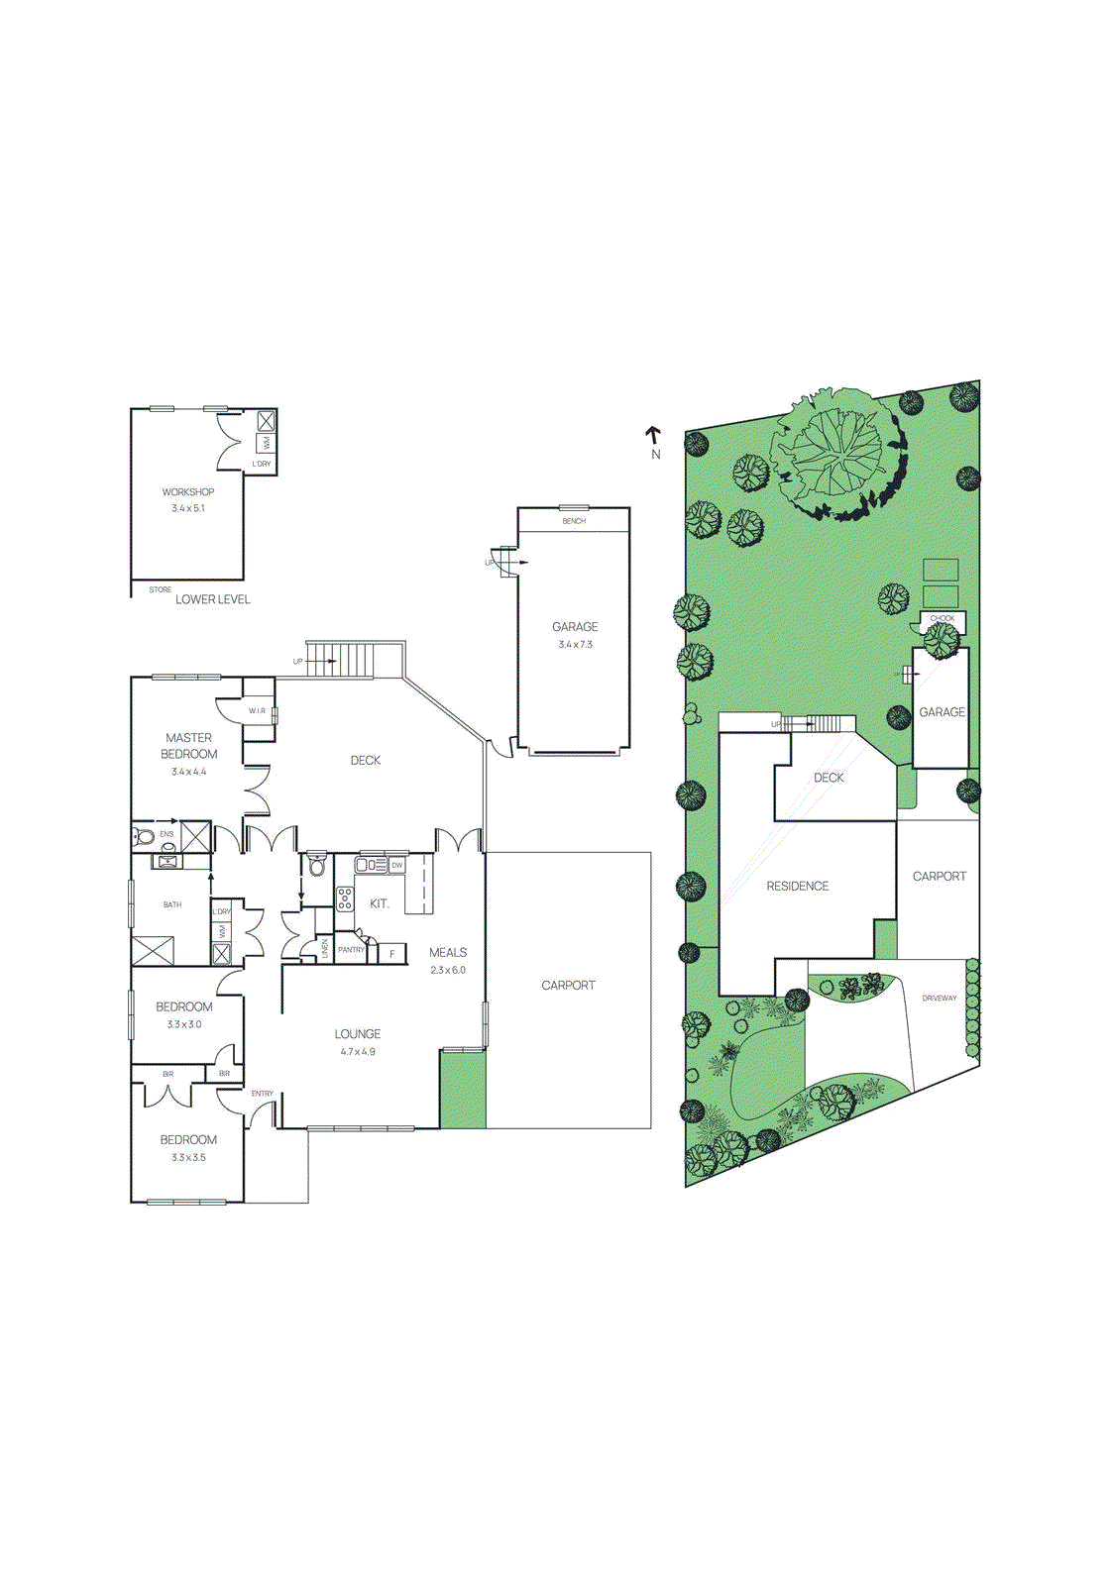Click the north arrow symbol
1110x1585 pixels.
click(653, 435)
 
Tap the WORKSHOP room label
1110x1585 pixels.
click(188, 491)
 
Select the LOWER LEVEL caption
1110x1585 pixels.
click(213, 599)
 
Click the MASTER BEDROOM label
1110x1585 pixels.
click(189, 746)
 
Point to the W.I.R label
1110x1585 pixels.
click(257, 710)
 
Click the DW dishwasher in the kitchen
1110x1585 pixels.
click(396, 865)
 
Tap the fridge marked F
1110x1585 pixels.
click(392, 954)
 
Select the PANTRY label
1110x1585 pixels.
click(351, 950)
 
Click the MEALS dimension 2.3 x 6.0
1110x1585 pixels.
click(448, 970)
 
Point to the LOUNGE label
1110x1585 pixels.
click(358, 1033)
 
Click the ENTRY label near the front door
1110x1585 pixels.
click(263, 1094)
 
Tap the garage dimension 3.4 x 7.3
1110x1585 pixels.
click(575, 644)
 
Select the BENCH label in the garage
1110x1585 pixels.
click(574, 521)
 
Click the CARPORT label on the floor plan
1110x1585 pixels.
click(568, 985)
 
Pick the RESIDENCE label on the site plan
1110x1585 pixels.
click(797, 886)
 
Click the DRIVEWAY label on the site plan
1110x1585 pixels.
click(939, 998)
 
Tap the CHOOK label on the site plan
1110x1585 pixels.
click(942, 618)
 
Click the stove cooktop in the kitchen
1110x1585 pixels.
click(345, 898)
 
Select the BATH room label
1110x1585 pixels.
click(172, 904)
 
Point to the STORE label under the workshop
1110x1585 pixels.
click(160, 589)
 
